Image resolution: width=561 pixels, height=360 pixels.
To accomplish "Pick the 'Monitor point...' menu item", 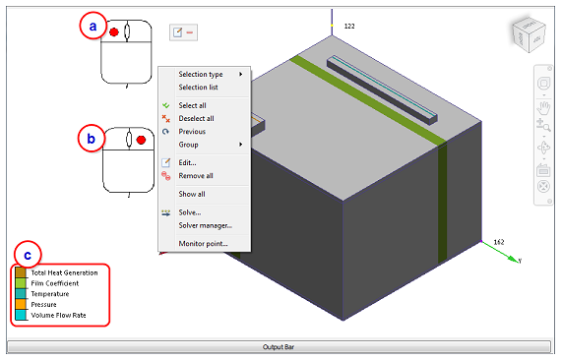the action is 204,244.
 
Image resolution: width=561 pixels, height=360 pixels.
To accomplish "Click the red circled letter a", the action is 93,26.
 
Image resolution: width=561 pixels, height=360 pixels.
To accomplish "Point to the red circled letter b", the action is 92,139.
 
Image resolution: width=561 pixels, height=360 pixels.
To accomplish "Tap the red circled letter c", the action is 28,255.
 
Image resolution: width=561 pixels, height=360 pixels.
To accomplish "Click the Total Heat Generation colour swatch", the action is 21,272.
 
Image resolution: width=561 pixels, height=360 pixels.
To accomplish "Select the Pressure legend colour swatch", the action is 21,304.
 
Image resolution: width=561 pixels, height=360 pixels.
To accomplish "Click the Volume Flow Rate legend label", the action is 59,315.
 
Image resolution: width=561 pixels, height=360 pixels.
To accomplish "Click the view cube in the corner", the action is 529,34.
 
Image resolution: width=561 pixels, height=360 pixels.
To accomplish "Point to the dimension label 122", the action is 349,27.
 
